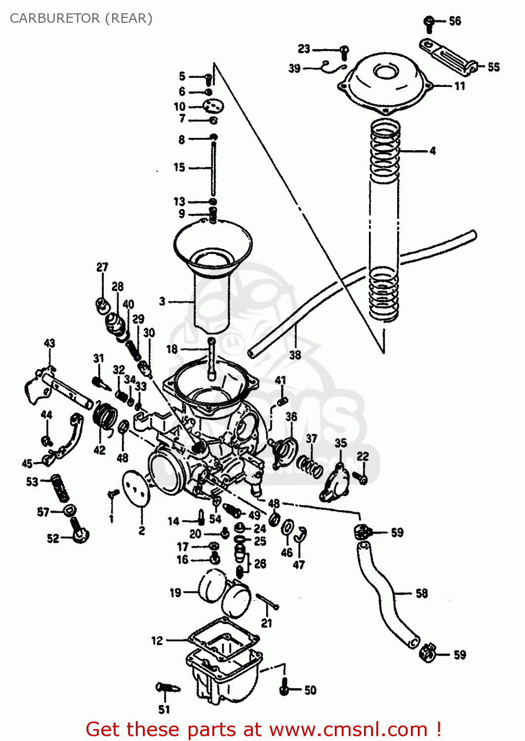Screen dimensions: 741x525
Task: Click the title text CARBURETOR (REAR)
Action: (81, 18)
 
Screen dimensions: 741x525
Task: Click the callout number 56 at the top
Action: (455, 21)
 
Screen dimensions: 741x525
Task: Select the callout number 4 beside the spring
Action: (433, 151)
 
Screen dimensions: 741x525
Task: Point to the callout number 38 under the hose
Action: (295, 355)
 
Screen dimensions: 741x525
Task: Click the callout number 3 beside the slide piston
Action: (162, 301)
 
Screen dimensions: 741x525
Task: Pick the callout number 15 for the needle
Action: (179, 167)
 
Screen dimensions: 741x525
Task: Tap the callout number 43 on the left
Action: (49, 343)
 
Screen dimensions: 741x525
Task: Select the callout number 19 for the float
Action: (175, 592)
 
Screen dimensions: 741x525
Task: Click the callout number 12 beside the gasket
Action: (157, 641)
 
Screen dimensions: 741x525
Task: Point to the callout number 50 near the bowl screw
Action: (310, 690)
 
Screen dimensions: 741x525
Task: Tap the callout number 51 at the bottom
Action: (164, 709)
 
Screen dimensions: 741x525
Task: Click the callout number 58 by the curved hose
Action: (421, 593)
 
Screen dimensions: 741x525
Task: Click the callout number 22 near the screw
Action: (363, 456)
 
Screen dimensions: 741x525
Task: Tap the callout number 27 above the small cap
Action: (102, 267)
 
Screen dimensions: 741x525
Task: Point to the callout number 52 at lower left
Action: (53, 538)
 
